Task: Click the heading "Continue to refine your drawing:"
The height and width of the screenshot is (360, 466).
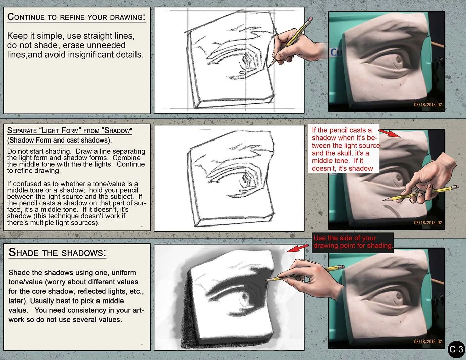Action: [76, 17]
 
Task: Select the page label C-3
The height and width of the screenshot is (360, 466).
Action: [456, 350]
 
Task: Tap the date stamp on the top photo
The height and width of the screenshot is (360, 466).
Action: [428, 105]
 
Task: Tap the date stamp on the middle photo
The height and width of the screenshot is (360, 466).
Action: [428, 223]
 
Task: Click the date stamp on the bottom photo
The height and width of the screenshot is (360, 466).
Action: [428, 341]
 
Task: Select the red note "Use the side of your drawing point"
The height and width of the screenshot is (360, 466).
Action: [353, 242]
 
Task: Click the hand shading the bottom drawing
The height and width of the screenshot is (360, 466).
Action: [303, 276]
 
